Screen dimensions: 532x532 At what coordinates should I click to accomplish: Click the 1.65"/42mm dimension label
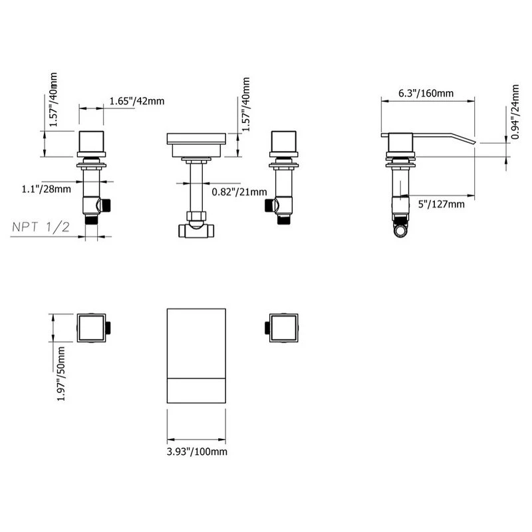pyautogui.click(x=137, y=101)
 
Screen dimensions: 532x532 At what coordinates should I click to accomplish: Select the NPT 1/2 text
pyautogui.click(x=41, y=227)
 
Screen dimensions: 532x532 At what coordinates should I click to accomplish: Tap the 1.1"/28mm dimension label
pyautogui.click(x=47, y=189)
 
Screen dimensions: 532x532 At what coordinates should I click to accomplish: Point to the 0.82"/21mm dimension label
pyautogui.click(x=239, y=192)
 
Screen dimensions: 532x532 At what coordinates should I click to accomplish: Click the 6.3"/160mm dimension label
pyautogui.click(x=426, y=93)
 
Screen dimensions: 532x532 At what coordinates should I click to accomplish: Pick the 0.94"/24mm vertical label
pyautogui.click(x=515, y=112)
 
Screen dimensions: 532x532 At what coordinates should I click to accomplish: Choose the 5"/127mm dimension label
pyautogui.click(x=441, y=204)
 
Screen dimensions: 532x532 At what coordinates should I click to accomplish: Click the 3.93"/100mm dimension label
pyautogui.click(x=197, y=452)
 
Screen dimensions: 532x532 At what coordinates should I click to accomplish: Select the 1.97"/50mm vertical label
pyautogui.click(x=61, y=374)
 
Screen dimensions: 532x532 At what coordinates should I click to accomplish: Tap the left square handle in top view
pyautogui.click(x=92, y=328)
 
